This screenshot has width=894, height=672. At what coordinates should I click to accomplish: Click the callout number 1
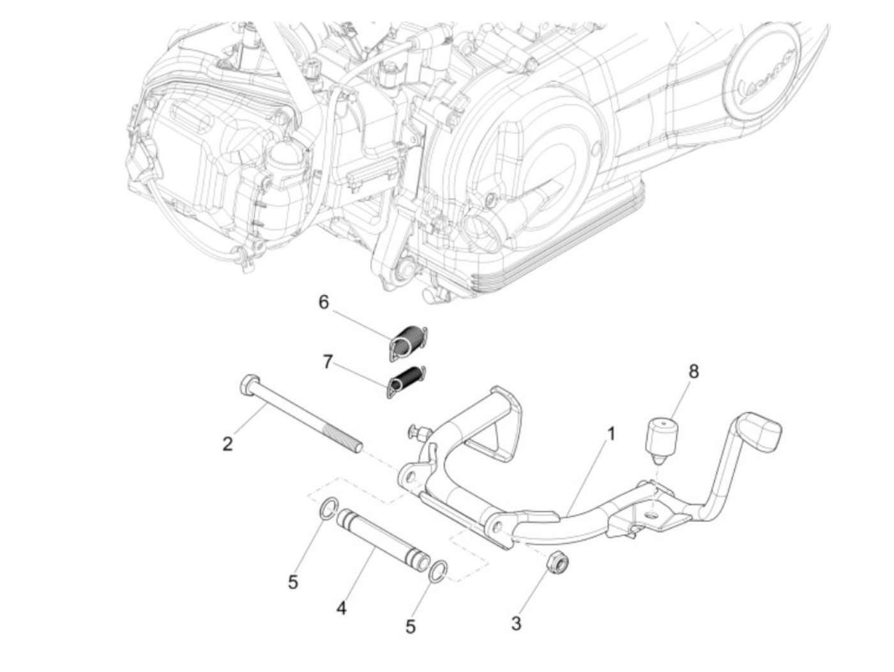(x=610, y=434)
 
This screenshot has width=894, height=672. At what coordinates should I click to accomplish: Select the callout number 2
(x=227, y=443)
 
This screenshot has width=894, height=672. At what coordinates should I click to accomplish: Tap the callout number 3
(x=516, y=623)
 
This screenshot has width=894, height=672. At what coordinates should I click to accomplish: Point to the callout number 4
(x=342, y=608)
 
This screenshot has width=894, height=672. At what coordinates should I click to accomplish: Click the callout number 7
(x=328, y=362)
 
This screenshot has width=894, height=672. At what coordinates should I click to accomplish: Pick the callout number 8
(x=693, y=371)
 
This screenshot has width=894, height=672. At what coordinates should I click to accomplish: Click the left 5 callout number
(x=293, y=582)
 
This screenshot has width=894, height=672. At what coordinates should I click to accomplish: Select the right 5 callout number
(x=411, y=627)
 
